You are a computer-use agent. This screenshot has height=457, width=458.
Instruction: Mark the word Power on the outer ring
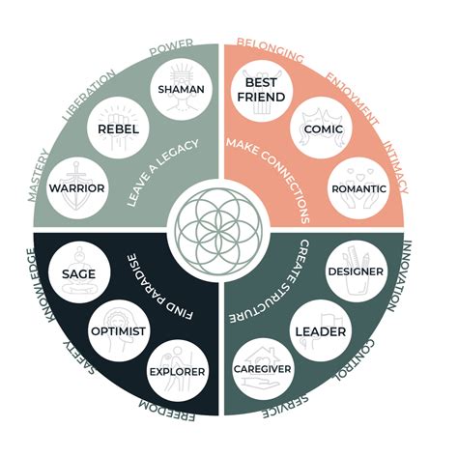[171, 45]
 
